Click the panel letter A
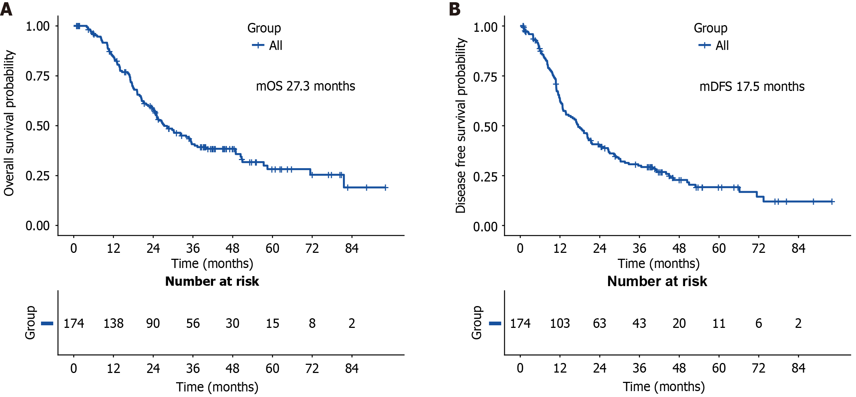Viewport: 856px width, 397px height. point(6,9)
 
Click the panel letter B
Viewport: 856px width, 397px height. point(455,9)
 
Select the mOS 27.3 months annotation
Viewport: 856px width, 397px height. point(306,86)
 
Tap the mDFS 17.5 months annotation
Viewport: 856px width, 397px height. point(752,86)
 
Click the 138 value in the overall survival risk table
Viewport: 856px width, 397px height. point(113,323)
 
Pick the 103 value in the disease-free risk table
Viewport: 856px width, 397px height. point(560,323)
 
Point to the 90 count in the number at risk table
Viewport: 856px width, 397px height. point(153,323)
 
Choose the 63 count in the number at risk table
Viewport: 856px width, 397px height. point(599,323)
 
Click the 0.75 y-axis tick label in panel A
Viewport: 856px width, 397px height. point(37,76)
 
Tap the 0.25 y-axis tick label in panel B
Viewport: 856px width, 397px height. point(485,177)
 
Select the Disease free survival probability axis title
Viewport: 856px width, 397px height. point(461,125)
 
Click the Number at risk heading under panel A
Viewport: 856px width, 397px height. point(212,281)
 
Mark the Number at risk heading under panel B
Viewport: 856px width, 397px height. point(657,281)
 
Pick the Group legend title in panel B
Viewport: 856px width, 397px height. point(710,28)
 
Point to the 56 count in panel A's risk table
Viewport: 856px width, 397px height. point(193,323)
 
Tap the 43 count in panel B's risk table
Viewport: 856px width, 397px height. point(639,323)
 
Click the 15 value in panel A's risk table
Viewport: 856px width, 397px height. point(272,323)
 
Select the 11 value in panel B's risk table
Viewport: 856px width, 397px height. point(719,323)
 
